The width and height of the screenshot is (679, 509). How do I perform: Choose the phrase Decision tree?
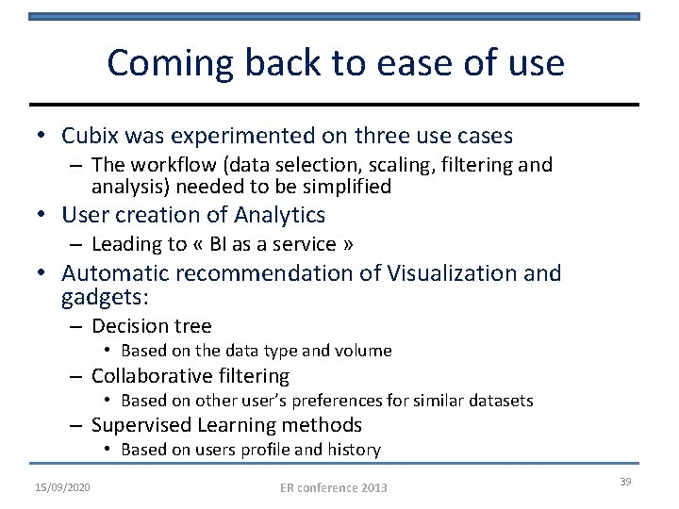[x=151, y=326]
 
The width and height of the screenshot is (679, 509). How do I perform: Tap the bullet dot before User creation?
[x=43, y=216]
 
